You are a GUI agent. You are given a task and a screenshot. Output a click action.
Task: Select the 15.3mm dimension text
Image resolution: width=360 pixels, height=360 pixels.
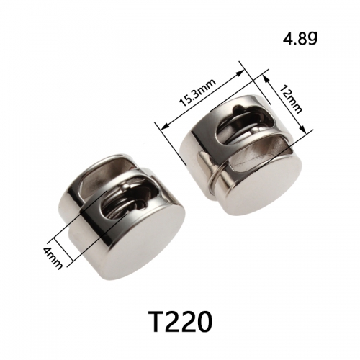click(x=198, y=92)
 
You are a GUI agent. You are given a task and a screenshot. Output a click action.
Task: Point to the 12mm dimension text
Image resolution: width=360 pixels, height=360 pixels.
click(x=291, y=99)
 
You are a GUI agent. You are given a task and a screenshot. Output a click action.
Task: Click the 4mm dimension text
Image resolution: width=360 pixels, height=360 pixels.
click(x=53, y=258)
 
